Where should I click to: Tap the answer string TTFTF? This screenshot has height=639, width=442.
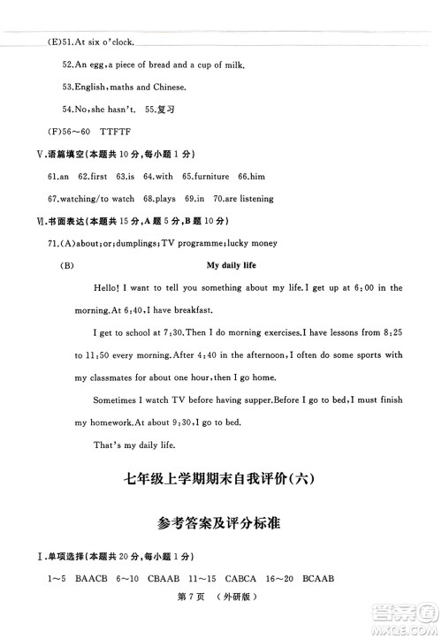(x=106, y=132)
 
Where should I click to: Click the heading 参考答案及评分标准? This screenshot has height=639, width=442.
(x=220, y=523)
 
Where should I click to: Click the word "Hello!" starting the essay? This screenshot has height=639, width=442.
(x=108, y=288)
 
